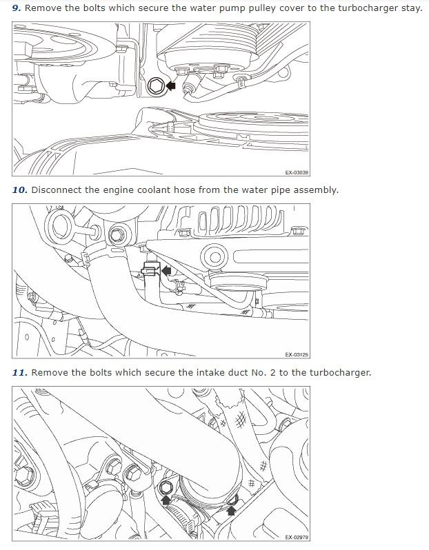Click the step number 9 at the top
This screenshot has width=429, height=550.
click(17, 8)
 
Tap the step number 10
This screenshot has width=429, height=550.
click(19, 190)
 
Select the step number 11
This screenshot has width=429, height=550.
click(19, 373)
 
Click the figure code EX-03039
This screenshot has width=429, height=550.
click(297, 173)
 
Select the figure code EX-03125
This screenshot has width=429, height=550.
click(297, 355)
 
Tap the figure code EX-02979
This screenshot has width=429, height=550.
click(297, 538)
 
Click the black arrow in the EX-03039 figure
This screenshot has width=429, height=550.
click(170, 86)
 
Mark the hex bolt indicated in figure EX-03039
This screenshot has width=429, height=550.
click(155, 86)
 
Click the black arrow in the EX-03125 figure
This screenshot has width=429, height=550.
click(166, 271)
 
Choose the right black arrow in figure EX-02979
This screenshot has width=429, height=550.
click(232, 510)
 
